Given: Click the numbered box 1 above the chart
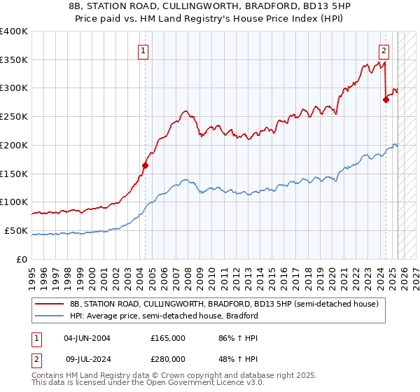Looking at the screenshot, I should [x=143, y=50].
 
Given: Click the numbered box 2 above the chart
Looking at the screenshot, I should [x=384, y=50].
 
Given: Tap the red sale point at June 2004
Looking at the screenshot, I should [x=146, y=166].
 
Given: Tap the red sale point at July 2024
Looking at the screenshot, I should [x=386, y=99].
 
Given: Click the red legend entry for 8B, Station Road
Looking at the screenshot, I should [x=224, y=304].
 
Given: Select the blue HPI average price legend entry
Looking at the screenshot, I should [x=164, y=316].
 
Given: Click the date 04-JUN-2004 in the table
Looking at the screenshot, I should [x=87, y=337].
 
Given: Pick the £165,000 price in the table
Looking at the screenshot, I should [x=168, y=337].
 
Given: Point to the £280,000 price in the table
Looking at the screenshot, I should [x=168, y=359].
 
